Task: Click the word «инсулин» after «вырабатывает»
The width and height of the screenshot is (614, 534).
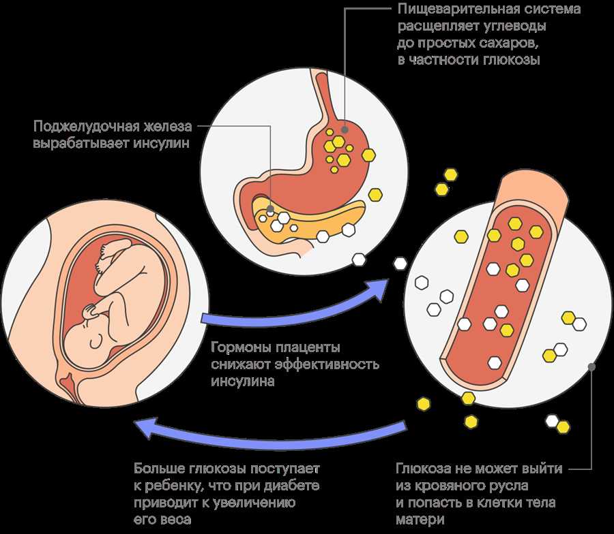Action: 161,143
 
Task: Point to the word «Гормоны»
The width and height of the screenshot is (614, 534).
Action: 241,347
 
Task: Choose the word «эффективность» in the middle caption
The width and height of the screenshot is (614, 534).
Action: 327,364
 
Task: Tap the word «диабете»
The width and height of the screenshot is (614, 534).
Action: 292,486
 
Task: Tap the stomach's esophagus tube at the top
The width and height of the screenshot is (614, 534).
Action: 323,97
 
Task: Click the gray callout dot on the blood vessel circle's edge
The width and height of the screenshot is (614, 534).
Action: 591,366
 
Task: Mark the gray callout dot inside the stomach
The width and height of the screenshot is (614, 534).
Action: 345,129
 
